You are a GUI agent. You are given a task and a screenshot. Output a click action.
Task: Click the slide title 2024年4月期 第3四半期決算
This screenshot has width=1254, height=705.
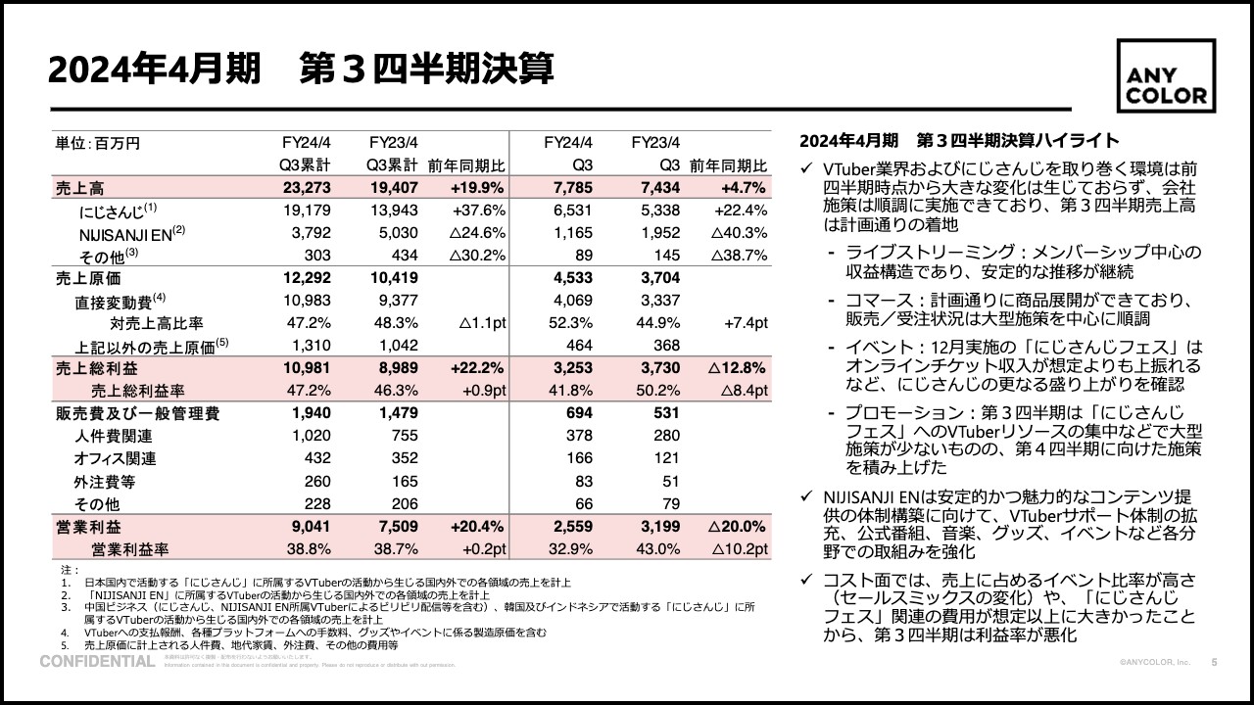(301, 70)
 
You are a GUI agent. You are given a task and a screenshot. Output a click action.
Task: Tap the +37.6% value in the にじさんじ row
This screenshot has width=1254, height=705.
(478, 210)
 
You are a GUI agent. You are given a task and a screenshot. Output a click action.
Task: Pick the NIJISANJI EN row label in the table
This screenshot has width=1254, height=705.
(125, 233)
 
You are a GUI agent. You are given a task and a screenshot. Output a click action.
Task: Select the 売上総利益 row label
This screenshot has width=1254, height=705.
(96, 368)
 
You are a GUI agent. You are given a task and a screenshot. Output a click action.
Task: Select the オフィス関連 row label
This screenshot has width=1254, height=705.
(115, 458)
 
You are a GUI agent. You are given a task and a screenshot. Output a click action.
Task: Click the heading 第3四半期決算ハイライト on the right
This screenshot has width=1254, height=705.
(959, 140)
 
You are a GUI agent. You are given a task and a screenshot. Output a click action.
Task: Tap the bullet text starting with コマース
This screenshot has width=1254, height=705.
(1014, 309)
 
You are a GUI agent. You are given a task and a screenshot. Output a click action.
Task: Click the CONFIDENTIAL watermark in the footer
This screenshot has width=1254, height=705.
(97, 663)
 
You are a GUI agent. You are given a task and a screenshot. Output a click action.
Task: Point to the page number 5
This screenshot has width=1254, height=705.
(1215, 663)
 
